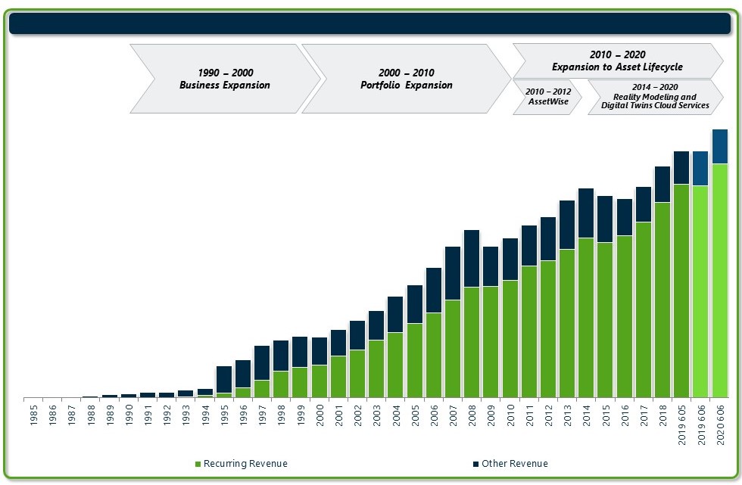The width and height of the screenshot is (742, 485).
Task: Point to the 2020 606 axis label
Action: (720, 424)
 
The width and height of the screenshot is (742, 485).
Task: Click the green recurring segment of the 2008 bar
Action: (472, 342)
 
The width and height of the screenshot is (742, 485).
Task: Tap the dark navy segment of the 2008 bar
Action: (472, 258)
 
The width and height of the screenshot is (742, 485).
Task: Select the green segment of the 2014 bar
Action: (586, 318)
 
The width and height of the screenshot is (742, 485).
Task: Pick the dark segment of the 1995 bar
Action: (224, 379)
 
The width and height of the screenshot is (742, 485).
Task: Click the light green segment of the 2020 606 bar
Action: (720, 280)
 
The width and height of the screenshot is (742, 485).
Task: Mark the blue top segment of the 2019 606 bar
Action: (700, 168)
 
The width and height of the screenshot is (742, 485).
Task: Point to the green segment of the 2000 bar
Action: (320, 381)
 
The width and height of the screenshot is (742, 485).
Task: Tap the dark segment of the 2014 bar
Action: (586, 213)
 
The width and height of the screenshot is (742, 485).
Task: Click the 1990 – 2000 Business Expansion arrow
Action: (225, 79)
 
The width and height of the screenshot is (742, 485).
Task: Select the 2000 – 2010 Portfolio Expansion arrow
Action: (406, 79)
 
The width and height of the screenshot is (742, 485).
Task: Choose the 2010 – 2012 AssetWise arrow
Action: (547, 97)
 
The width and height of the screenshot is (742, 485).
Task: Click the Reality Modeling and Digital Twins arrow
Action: (655, 97)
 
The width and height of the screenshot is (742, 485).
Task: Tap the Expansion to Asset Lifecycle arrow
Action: (617, 61)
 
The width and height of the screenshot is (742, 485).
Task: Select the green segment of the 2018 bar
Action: (662, 300)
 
